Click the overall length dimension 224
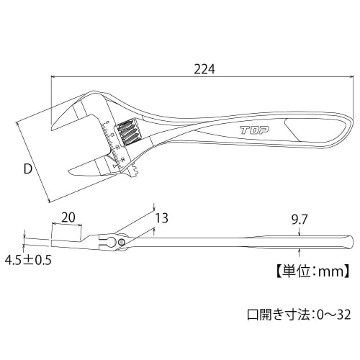point(205,69)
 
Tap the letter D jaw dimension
point(27,170)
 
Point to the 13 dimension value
point(161,217)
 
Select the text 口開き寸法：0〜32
point(298,315)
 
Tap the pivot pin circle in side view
point(123,243)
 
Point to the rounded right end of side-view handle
point(350,240)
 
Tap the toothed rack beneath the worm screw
point(135,170)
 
